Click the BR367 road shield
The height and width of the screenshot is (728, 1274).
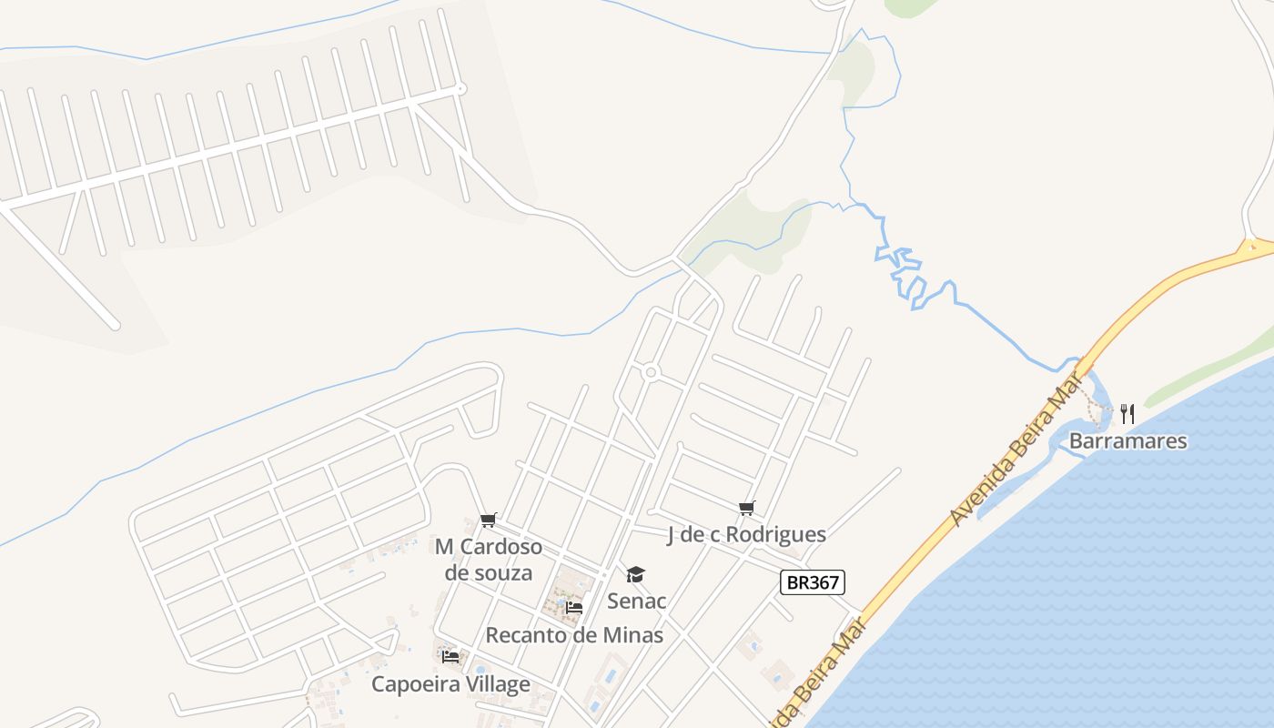(x=813, y=582)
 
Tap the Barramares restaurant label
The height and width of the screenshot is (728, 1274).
(x=1127, y=441)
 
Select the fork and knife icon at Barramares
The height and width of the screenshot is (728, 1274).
(x=1127, y=414)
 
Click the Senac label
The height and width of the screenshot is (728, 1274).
(x=637, y=601)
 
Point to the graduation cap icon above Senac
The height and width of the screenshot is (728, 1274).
(x=635, y=574)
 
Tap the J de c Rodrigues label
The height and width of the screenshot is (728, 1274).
(x=746, y=534)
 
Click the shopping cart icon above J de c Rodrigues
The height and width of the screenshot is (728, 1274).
(x=746, y=508)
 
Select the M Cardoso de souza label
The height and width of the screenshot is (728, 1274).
(x=489, y=559)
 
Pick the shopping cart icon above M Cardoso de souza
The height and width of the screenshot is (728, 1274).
(x=489, y=521)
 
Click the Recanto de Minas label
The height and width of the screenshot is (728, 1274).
(x=574, y=634)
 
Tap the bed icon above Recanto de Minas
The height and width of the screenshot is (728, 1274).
(x=574, y=607)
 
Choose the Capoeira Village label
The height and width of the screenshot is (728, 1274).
(x=450, y=683)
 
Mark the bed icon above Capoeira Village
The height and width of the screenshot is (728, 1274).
(x=450, y=656)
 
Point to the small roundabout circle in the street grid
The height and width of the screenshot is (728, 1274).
(x=650, y=372)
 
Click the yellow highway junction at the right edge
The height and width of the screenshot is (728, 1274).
(x=1254, y=246)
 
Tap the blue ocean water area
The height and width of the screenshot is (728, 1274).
(x=1092, y=591)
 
